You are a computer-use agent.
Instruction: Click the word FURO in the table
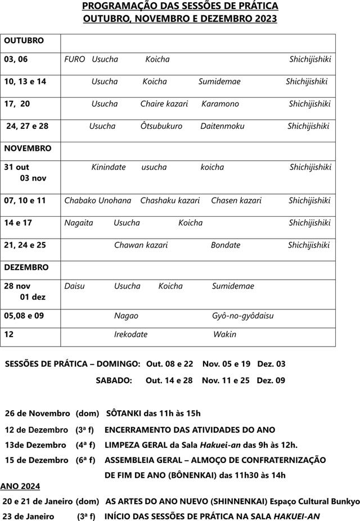click(75, 59)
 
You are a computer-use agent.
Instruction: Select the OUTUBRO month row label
click(24, 41)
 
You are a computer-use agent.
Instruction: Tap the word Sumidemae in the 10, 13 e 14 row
click(219, 82)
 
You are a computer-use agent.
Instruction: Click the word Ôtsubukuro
click(161, 126)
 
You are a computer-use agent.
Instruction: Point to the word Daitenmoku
click(222, 126)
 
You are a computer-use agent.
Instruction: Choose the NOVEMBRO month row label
click(28, 149)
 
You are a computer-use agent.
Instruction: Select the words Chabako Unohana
click(98, 201)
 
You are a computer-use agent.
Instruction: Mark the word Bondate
click(226, 245)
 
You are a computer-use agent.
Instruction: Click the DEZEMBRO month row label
click(26, 267)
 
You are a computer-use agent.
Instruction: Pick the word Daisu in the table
click(74, 286)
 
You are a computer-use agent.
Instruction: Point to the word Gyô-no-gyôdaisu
click(243, 316)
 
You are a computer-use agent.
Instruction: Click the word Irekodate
click(130, 335)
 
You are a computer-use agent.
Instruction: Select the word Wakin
click(224, 335)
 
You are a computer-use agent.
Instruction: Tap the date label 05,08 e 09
click(24, 316)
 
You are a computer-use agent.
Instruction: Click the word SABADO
click(114, 381)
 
